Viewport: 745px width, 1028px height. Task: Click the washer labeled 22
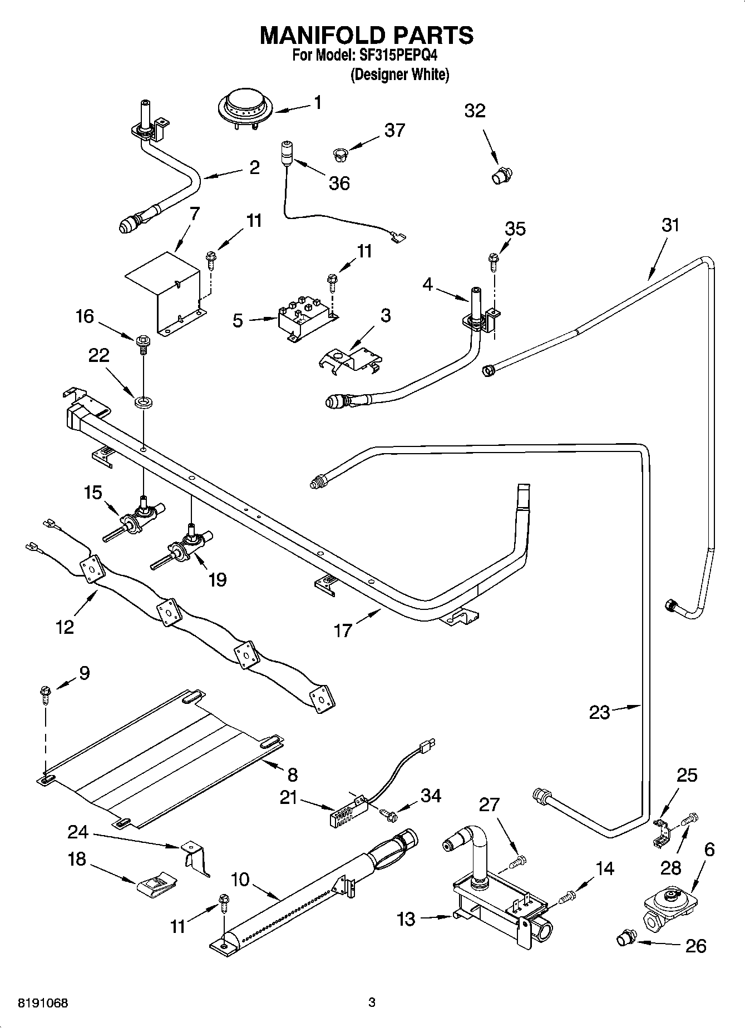(144, 400)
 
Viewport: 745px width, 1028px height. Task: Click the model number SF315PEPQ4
(396, 56)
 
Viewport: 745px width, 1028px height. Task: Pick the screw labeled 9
(45, 694)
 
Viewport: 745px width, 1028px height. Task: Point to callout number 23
(599, 712)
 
